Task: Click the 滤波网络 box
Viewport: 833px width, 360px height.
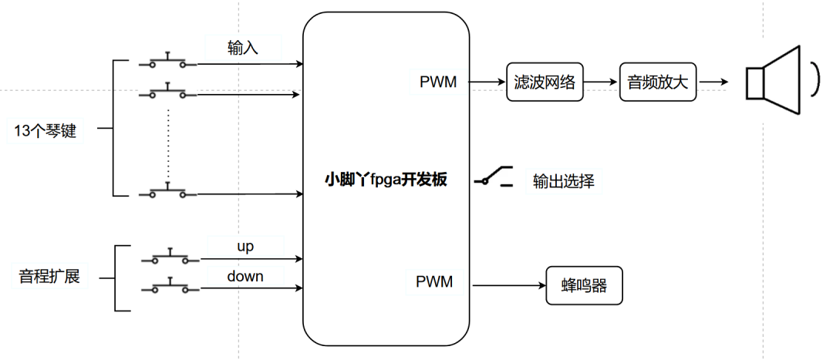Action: click(x=545, y=82)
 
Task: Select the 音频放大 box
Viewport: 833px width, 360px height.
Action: click(x=658, y=82)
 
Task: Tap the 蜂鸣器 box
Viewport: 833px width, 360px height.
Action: click(x=584, y=286)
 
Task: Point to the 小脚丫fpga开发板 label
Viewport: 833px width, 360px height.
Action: click(x=386, y=180)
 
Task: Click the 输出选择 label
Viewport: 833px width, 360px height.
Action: click(x=563, y=181)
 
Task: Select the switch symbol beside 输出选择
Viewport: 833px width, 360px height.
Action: click(x=494, y=177)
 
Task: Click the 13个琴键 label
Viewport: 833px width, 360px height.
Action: click(x=46, y=131)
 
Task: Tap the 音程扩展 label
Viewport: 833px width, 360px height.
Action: click(x=49, y=275)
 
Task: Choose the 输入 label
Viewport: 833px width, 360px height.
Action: click(x=243, y=48)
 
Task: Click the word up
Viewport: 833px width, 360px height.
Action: click(x=245, y=247)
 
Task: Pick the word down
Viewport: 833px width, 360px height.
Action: click(x=245, y=275)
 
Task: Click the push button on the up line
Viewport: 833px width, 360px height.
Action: click(x=169, y=257)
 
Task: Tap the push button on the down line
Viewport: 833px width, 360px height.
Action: click(x=169, y=286)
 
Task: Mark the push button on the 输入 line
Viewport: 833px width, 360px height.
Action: click(x=167, y=62)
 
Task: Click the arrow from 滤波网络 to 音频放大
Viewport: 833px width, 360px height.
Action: click(x=601, y=82)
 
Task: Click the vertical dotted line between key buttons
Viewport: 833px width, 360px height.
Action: click(x=167, y=143)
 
